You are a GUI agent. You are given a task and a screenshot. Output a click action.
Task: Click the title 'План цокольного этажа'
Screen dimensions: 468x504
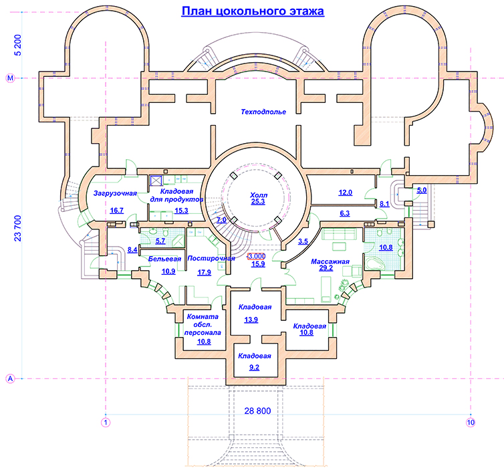click(253, 11)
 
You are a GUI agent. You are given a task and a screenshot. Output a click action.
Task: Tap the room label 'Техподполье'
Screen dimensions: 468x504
click(263, 112)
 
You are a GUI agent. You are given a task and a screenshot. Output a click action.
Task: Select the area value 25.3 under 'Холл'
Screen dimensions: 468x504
click(259, 200)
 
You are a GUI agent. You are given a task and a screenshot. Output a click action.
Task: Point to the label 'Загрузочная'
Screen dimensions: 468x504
click(116, 193)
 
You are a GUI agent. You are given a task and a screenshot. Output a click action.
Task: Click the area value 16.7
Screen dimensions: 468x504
click(117, 211)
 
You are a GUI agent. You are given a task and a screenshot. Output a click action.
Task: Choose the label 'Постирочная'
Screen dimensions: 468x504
click(211, 258)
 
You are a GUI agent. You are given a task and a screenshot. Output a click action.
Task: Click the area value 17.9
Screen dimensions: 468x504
click(205, 272)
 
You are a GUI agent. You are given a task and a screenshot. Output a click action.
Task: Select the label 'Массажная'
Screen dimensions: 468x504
click(331, 261)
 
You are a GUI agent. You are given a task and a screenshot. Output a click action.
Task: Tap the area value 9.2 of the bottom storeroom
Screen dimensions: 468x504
click(254, 367)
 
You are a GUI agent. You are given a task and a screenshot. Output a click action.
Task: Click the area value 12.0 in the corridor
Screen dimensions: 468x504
click(345, 193)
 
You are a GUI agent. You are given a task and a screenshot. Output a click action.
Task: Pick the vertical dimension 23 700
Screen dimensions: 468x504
click(19, 229)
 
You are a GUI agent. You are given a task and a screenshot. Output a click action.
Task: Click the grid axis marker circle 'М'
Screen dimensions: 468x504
click(10, 78)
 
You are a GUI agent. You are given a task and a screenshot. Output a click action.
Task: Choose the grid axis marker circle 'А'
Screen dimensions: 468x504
click(10, 379)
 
